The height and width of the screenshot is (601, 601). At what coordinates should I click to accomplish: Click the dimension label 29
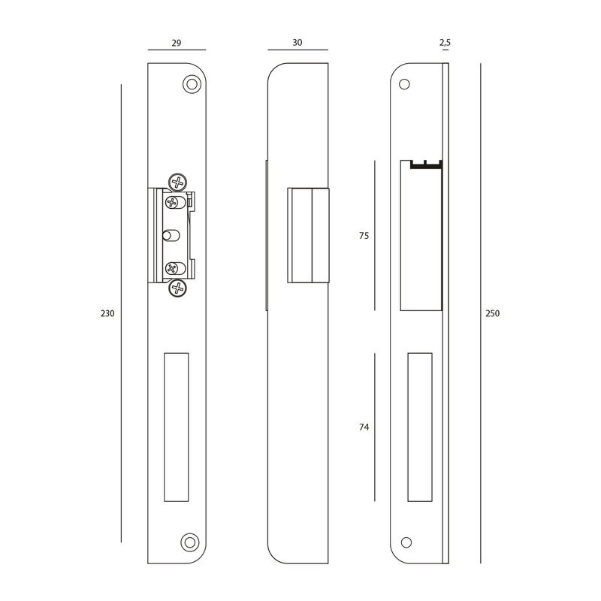coord(177,43)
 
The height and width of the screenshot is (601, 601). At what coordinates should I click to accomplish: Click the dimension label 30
coord(297,43)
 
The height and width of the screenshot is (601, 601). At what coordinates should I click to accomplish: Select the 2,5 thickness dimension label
coord(445,43)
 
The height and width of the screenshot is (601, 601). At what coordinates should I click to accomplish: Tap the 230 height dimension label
coord(107,313)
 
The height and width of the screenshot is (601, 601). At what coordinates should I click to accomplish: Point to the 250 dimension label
coord(493,313)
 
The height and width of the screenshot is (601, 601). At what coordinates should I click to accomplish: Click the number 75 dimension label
coord(364,236)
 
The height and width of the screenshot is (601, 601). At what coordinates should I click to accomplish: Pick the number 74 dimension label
coord(364,427)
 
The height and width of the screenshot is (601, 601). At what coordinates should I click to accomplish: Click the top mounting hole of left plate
coord(192,84)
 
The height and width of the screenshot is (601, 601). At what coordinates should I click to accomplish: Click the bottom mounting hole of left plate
coord(190,542)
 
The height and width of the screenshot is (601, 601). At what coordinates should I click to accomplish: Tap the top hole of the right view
coord(404,84)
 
